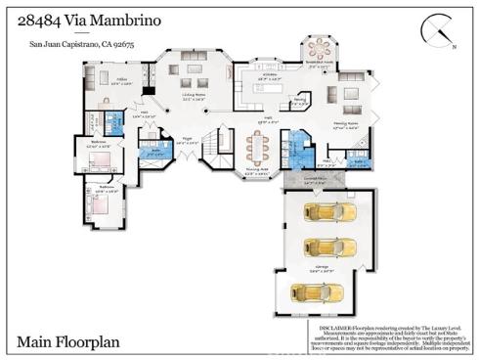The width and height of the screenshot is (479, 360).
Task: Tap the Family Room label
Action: (347, 122)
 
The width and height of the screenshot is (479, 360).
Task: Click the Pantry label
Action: (300, 100)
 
